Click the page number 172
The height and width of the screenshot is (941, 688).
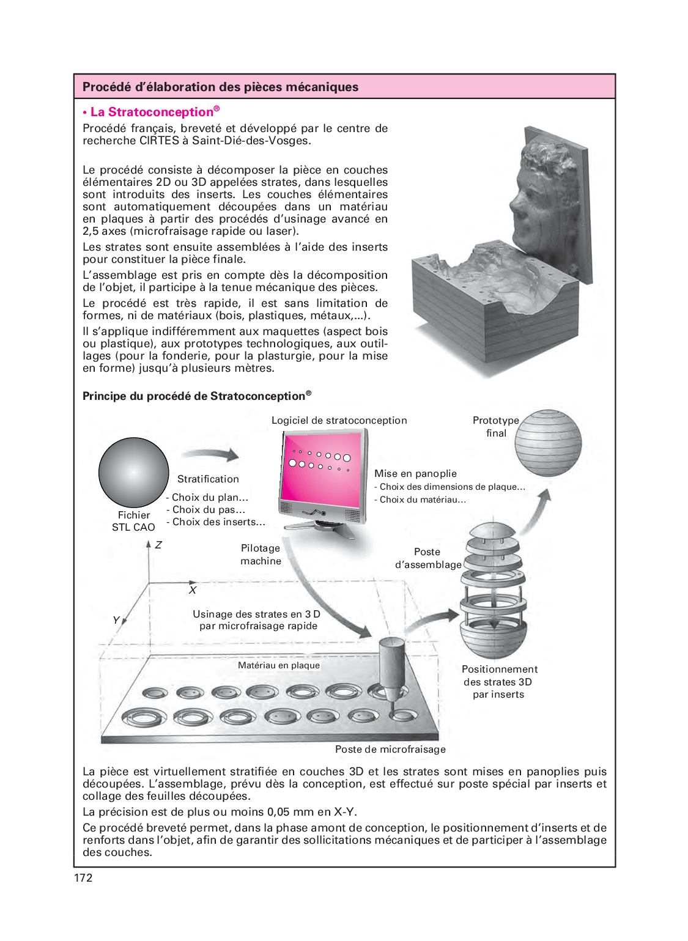83,877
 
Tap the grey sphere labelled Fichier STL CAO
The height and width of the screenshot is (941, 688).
133,472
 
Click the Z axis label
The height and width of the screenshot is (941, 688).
158,545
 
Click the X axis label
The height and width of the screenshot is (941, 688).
193,590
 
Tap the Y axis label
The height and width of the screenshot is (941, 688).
116,620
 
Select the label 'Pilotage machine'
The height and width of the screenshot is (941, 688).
261,555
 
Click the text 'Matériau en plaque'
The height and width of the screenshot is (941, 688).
279,665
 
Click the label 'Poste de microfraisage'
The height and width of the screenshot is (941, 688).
390,749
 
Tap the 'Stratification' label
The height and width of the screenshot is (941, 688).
208,479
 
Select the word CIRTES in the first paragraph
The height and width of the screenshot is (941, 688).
159,141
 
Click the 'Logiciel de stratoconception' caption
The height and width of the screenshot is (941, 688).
339,420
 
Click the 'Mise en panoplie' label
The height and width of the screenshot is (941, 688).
415,473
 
